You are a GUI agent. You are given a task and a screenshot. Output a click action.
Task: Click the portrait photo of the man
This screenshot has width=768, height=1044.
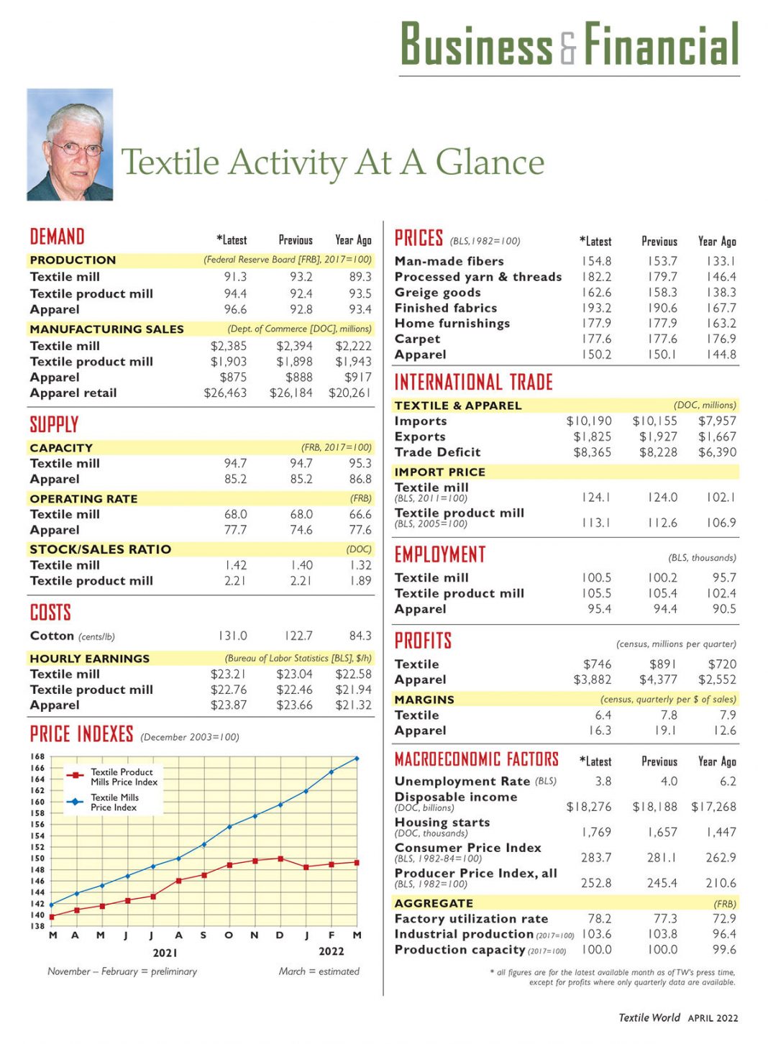[x=70, y=145]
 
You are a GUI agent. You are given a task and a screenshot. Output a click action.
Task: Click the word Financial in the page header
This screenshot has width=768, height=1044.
[x=661, y=45]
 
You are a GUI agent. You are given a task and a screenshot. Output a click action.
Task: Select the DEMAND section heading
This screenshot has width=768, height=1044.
[x=57, y=237]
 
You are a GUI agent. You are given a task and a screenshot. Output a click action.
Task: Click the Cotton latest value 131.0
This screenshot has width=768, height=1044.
[x=232, y=636]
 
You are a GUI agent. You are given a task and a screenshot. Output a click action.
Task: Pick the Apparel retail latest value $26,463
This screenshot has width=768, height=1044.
[x=225, y=393]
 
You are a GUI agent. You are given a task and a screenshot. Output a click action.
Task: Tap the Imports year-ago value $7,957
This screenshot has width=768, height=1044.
[x=717, y=421]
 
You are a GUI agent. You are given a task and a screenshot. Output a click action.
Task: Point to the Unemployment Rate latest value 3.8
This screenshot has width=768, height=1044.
[x=603, y=781]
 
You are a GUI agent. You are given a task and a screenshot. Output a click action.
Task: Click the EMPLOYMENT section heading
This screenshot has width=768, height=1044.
[x=440, y=554]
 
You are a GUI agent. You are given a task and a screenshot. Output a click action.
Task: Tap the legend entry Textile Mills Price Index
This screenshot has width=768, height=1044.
[x=114, y=802]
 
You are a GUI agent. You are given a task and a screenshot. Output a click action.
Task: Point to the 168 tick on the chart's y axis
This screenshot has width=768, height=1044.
[x=37, y=756]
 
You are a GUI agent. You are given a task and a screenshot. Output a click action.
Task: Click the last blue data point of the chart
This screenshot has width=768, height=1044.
[x=357, y=759]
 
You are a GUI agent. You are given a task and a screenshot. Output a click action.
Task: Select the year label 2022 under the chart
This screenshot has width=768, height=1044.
[x=331, y=951]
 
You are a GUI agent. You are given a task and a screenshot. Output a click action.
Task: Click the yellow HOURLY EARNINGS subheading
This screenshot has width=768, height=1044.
[x=90, y=658]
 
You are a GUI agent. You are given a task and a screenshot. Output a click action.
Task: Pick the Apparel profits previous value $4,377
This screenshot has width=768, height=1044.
[x=658, y=679]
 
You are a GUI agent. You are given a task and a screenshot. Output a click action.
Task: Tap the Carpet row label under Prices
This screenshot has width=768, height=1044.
[x=417, y=339]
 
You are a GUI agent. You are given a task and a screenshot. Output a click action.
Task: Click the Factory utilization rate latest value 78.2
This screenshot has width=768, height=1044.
[x=599, y=918]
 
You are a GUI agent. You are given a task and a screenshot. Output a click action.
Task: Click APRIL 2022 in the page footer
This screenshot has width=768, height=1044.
[x=713, y=1017]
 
